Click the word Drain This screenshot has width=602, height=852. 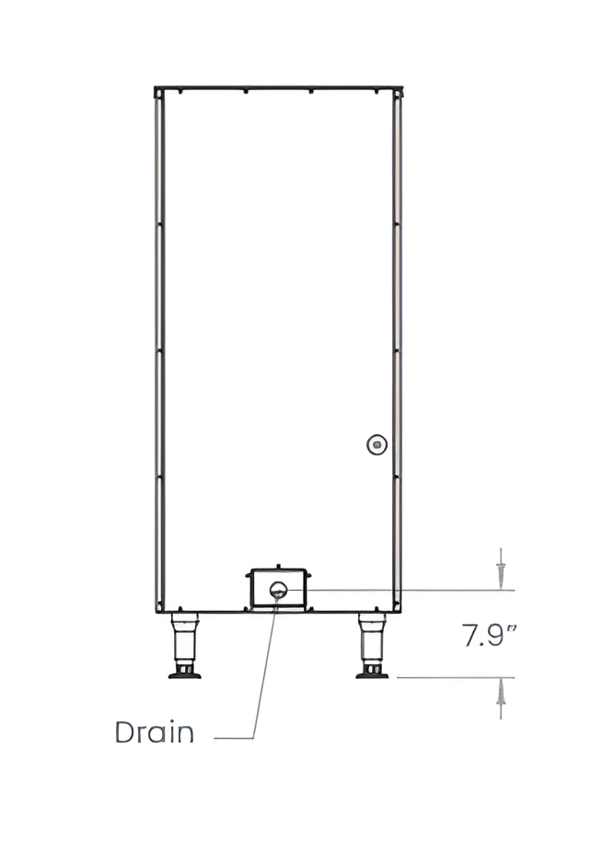pos(155,732)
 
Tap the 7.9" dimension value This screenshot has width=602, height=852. pos(489,635)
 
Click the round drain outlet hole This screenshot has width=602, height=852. pos(278,590)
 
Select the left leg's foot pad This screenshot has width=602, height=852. pos(184,675)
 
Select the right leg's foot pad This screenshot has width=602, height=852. pos(372,675)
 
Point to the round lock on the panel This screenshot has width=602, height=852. pos(376,444)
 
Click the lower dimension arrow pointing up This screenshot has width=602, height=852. pos(501,698)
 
